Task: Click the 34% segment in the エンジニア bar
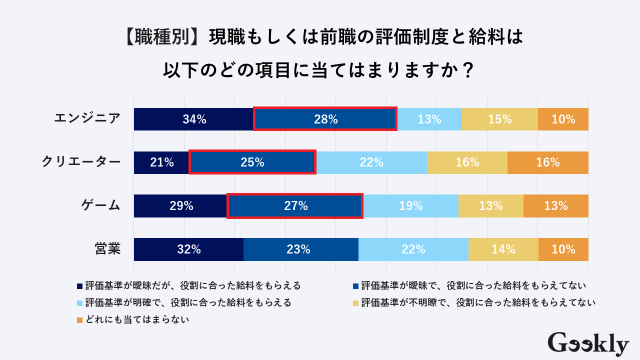pos(194,119)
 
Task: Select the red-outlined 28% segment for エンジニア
pos(325,119)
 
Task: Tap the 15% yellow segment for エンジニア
pos(499,119)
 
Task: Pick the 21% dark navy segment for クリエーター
pos(161,162)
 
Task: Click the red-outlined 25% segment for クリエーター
pos(252,162)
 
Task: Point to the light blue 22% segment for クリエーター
pos(371,162)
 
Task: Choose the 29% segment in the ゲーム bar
pos(180,205)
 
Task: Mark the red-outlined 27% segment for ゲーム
pos(295,205)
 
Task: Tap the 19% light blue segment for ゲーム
pos(411,205)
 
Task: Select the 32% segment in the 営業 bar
pos(188,249)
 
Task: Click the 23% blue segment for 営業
pos(301,249)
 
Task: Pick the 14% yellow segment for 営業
pos(503,249)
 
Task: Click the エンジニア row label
pos(87,118)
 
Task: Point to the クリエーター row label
pos(81,162)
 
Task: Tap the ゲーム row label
pos(101,205)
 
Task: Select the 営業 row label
pos(107,249)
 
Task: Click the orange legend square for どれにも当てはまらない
pos(79,319)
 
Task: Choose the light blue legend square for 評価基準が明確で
pos(79,303)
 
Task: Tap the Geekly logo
pos(588,343)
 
